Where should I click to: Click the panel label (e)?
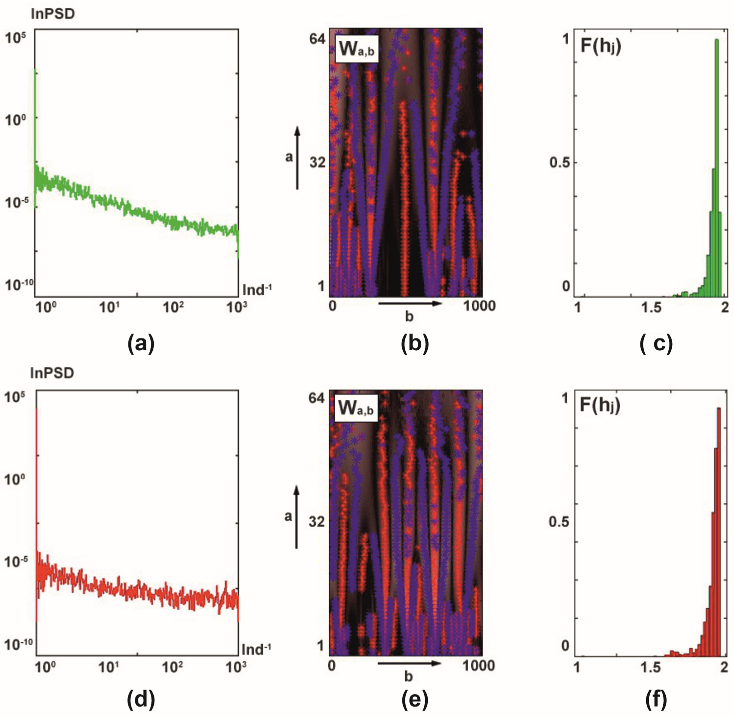(x=415, y=700)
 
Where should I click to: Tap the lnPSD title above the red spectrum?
(x=52, y=373)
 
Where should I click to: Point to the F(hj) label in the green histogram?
(x=601, y=47)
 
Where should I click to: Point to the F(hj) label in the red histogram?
(x=600, y=406)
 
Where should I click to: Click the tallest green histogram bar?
(x=716, y=166)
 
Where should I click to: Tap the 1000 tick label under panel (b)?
(x=479, y=305)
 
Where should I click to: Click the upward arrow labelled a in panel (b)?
(x=297, y=158)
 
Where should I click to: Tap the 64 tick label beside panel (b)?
(x=317, y=38)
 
